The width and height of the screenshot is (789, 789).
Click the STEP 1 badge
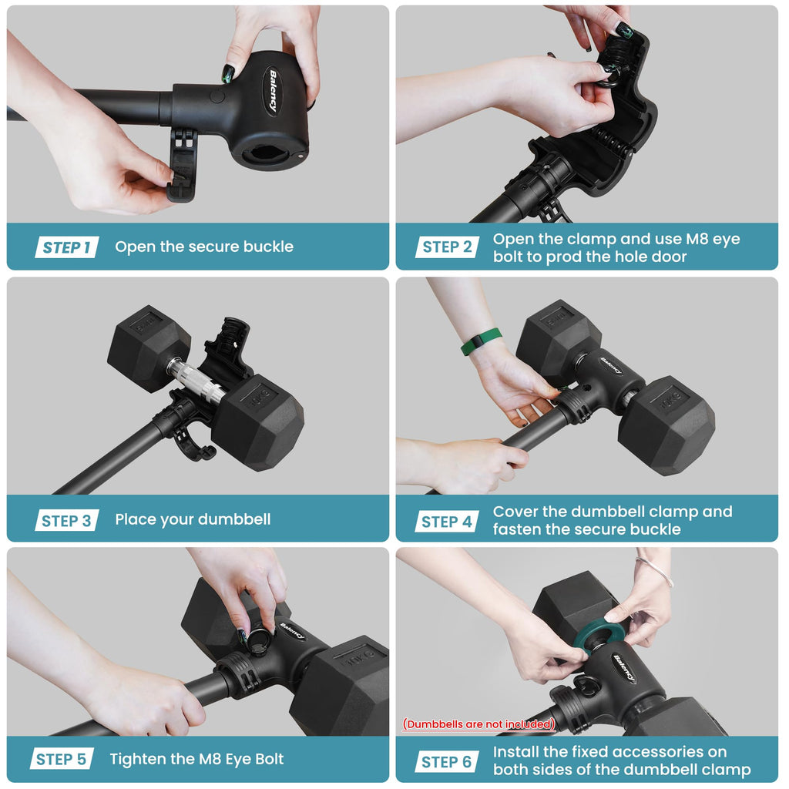(x=67, y=247)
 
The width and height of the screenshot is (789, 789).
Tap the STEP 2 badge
(x=447, y=247)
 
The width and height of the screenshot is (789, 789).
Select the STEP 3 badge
(x=67, y=520)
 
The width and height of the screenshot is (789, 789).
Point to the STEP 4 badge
(x=447, y=522)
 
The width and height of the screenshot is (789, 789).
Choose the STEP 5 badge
(x=62, y=759)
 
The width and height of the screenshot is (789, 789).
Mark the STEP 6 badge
(x=447, y=762)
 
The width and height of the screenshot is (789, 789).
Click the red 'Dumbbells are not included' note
(x=478, y=724)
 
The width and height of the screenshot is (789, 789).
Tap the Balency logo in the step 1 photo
(x=273, y=91)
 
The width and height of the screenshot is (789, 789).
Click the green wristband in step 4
(x=481, y=341)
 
